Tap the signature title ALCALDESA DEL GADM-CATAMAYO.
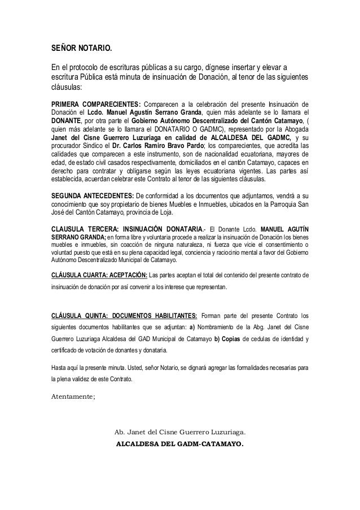pyautogui.click(x=181, y=443)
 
